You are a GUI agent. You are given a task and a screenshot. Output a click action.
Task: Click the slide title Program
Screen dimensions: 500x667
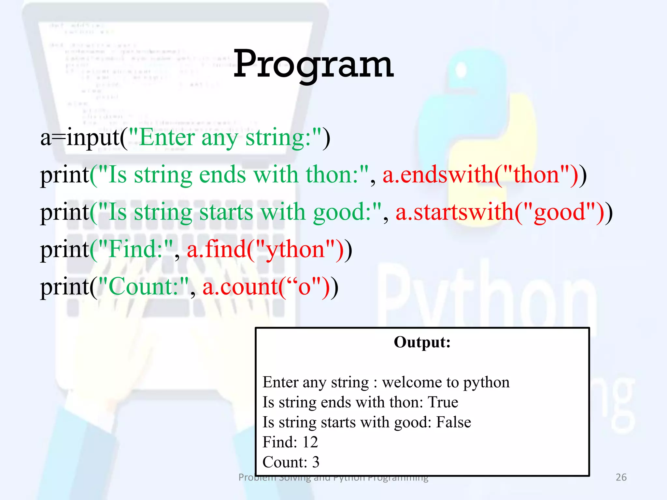tap(313, 64)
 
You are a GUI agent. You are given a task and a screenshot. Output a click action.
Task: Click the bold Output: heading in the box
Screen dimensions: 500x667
tap(422, 342)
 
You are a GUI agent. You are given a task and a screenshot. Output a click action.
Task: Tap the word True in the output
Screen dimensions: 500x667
tap(443, 402)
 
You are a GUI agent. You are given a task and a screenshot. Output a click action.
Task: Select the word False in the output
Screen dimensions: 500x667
tap(453, 422)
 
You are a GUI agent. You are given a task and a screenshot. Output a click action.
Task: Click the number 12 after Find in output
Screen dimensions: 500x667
tap(310, 442)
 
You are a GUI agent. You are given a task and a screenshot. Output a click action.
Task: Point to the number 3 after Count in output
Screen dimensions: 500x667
tap(316, 462)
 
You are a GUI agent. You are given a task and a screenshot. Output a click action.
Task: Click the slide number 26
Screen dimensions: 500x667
tap(621, 477)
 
